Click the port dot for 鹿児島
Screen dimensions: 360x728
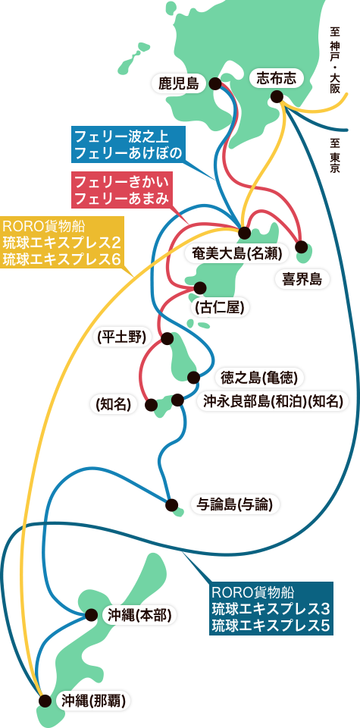tap(214, 83)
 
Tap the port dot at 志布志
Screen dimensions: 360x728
tap(277, 96)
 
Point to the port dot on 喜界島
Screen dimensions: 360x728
tap(301, 246)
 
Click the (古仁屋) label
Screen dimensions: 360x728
tap(220, 307)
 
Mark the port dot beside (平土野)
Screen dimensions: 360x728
tap(167, 338)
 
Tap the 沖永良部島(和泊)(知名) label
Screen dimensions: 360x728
tap(274, 402)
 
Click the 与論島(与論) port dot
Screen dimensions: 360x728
tap(171, 505)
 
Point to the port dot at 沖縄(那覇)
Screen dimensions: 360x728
tap(45, 701)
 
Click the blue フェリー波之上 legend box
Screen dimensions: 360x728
tap(129, 144)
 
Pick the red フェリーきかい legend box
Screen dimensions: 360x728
tap(122, 190)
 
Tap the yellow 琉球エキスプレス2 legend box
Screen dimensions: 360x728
tap(62, 243)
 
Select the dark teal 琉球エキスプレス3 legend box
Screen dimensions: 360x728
tap(271, 607)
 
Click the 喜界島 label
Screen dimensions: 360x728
tap(302, 278)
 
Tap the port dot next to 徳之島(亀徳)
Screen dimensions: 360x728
tap(193, 377)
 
